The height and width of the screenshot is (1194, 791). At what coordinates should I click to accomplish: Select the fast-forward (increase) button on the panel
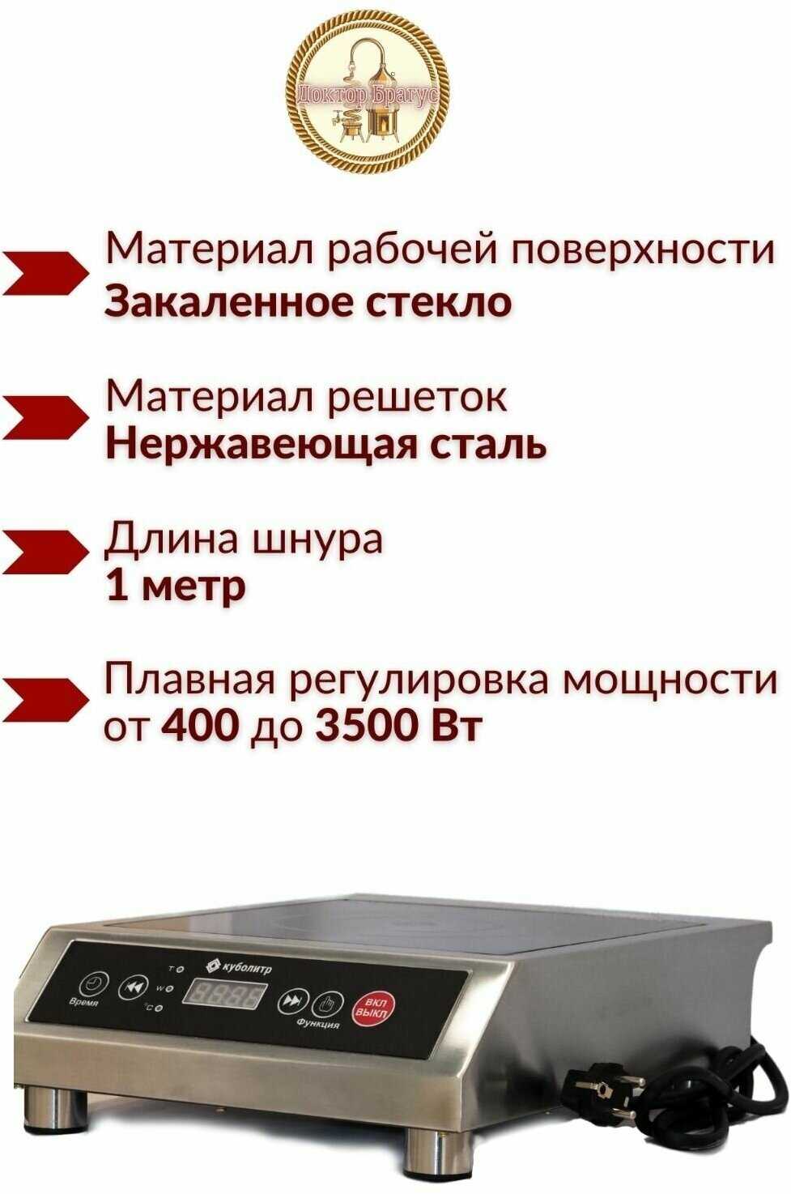[291, 1001]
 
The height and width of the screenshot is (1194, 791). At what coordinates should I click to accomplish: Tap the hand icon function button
[327, 1004]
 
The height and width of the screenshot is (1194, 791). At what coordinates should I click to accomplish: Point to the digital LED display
[225, 993]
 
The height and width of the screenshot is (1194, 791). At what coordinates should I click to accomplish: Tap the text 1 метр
[176, 585]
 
